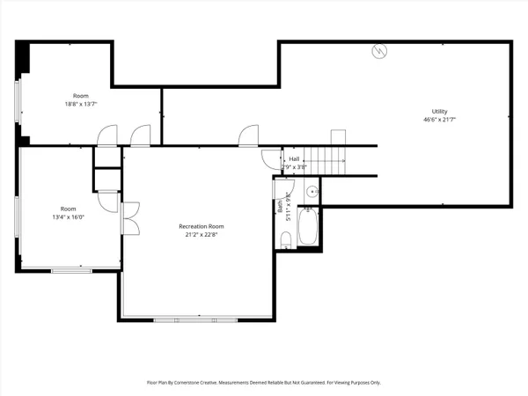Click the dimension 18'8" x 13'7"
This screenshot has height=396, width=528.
(81, 103)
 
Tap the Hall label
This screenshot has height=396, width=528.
(293, 158)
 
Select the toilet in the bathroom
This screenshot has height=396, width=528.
(286, 240)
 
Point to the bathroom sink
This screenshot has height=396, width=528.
(312, 192)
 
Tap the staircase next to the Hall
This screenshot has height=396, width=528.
(330, 160)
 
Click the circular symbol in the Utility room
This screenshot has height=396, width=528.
(379, 50)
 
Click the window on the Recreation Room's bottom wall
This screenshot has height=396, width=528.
(195, 318)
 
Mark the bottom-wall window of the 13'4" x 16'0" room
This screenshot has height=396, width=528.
(71, 270)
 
